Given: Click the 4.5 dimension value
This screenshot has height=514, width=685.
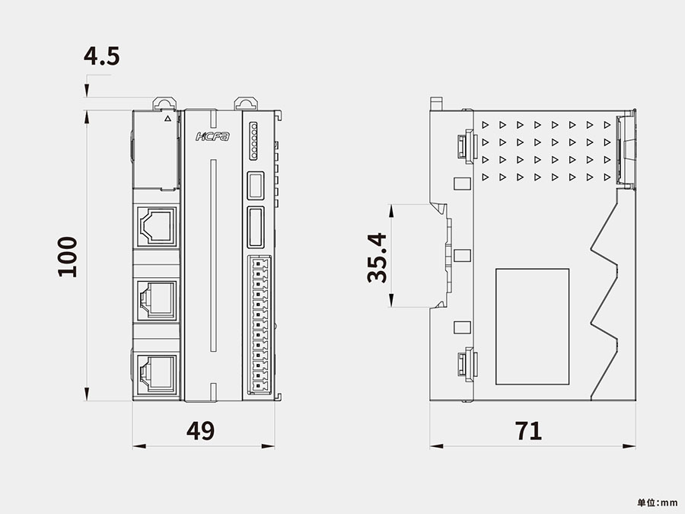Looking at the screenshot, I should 102,57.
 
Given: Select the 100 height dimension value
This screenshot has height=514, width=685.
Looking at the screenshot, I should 68,257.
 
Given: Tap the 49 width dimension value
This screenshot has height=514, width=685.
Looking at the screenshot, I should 201,431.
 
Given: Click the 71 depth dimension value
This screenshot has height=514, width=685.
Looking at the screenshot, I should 529,431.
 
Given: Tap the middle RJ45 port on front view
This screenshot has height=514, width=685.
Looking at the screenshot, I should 157,298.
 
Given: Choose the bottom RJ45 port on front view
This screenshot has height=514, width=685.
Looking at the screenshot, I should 157,371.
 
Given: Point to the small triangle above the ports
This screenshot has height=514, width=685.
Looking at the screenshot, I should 167,118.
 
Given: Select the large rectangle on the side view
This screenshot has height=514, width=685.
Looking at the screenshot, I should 532,326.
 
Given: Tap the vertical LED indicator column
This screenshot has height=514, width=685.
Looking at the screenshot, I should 253,140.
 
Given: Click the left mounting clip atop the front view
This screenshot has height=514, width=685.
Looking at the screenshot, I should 163,103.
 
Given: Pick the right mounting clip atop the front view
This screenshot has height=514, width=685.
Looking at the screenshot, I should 245,103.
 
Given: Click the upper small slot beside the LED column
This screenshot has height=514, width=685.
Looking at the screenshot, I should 256,186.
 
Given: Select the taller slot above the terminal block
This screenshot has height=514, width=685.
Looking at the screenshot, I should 256,227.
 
